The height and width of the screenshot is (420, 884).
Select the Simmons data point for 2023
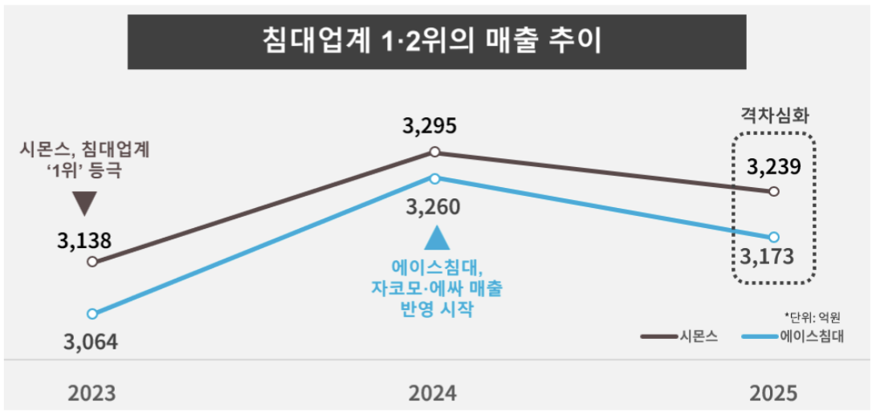tap(92, 261)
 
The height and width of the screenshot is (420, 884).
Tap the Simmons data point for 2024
tap(434, 151)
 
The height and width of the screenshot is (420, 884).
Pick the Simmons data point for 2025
tap(773, 191)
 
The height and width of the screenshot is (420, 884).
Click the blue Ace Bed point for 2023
tap(92, 313)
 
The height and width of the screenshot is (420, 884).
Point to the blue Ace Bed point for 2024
tap(434, 177)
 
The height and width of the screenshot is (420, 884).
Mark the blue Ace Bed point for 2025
tap(773, 237)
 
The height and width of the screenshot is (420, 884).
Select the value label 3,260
tap(434, 208)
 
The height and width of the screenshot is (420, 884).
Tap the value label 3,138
tap(84, 239)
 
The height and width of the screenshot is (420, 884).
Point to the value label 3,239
tap(773, 167)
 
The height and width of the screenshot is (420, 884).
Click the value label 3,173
tap(767, 258)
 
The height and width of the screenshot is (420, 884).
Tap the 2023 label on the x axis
tap(92, 393)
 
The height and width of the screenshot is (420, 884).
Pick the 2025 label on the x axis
tap(773, 393)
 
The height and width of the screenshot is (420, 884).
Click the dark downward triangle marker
tap(84, 204)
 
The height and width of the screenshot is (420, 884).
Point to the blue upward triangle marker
tap(434, 239)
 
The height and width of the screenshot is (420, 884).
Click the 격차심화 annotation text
tap(773, 115)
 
